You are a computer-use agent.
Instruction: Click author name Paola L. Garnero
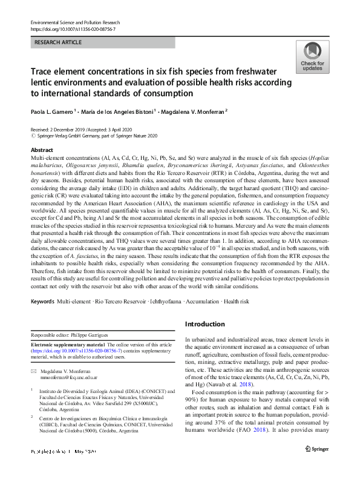[x=52, y=111]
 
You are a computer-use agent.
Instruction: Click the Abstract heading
[x=42, y=150]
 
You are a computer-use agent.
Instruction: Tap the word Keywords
[x=42, y=300]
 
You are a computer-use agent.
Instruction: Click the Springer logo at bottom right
[x=316, y=465]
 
